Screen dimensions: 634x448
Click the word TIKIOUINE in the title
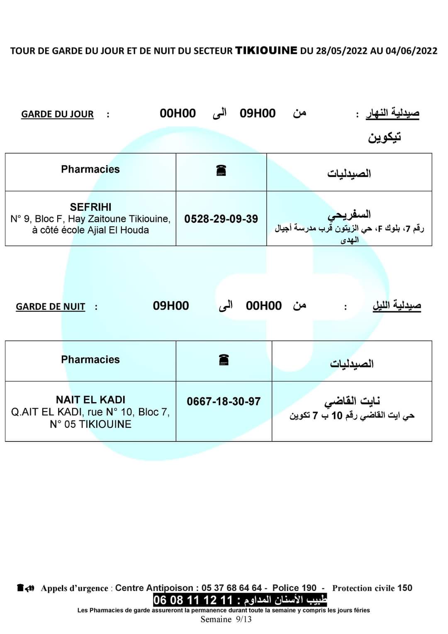(266, 51)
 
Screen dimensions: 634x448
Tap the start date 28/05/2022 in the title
(341, 51)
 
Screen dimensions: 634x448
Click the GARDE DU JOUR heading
(57, 114)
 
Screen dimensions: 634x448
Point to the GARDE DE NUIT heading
(50, 307)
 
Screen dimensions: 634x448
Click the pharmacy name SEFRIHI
(90, 207)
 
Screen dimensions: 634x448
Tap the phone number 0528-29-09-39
(221, 219)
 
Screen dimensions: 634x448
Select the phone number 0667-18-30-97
(224, 401)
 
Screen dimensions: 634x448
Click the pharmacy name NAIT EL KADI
(90, 400)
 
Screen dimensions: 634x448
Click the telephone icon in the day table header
(221, 170)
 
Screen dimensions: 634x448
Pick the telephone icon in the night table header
(224, 360)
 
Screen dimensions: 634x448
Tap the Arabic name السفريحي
(349, 215)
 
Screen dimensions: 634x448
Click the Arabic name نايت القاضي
(352, 401)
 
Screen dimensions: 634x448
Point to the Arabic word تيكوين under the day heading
(385, 137)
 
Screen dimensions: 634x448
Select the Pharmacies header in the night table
(90, 359)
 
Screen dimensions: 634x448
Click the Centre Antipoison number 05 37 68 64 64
(231, 588)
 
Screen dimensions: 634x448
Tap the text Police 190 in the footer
(294, 588)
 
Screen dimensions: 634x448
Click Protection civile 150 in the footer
(372, 588)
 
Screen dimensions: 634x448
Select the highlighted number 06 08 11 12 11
(193, 600)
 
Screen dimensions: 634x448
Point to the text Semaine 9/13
(226, 619)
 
